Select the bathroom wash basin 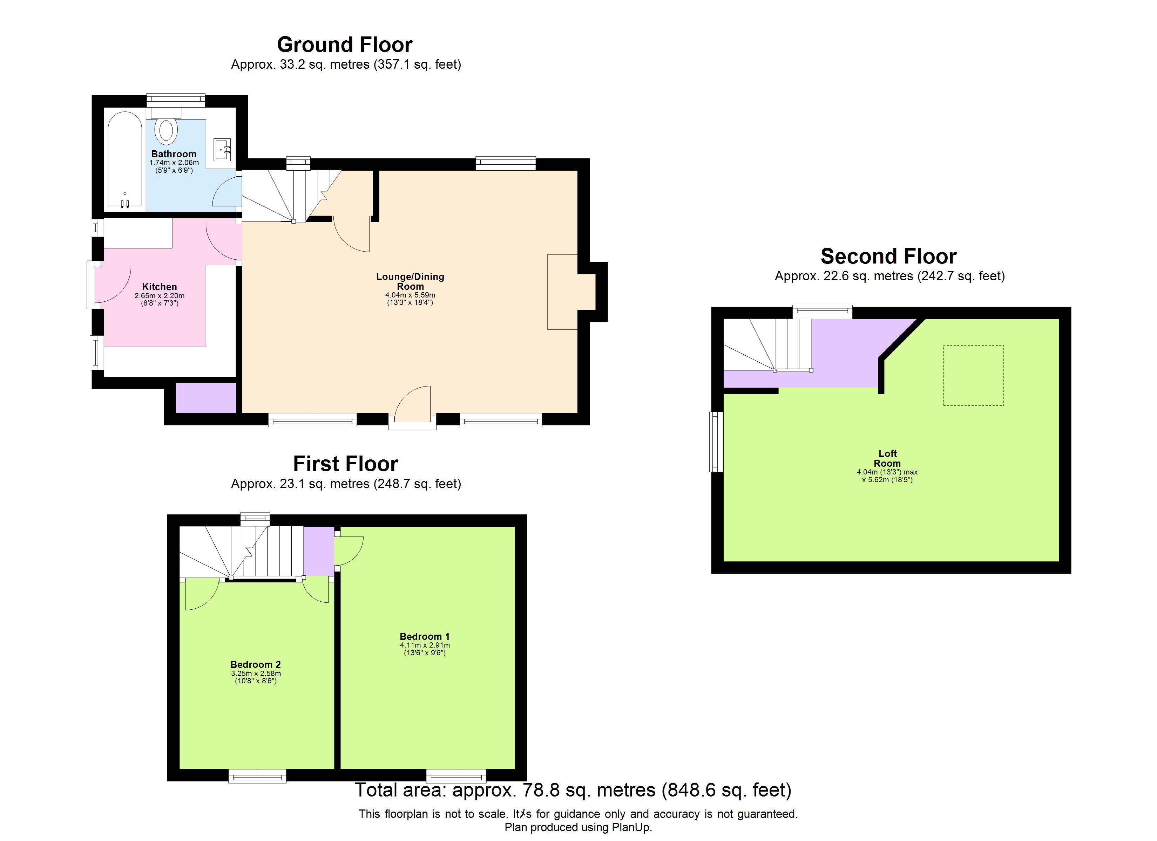(222, 149)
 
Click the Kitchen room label (159, 287)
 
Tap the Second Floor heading (888, 256)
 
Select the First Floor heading (345, 464)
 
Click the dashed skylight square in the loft (973, 375)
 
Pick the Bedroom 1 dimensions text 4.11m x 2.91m (425, 645)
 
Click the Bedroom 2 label (255, 664)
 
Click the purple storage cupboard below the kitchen (205, 398)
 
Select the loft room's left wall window (716, 441)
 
